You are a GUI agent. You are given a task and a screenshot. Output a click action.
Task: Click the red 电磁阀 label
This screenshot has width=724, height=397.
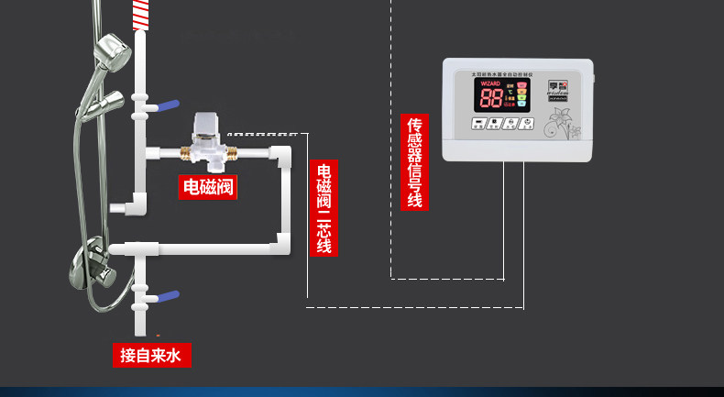click(x=208, y=187)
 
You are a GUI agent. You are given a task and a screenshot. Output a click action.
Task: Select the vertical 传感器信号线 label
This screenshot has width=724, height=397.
click(x=414, y=161)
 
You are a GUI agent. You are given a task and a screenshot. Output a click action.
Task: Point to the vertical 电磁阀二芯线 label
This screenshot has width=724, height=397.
click(x=323, y=208)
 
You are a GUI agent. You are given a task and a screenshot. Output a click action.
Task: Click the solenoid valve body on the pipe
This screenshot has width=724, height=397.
click(x=208, y=138)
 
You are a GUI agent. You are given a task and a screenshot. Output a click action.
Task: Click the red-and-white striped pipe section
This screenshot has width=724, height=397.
click(x=140, y=15)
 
